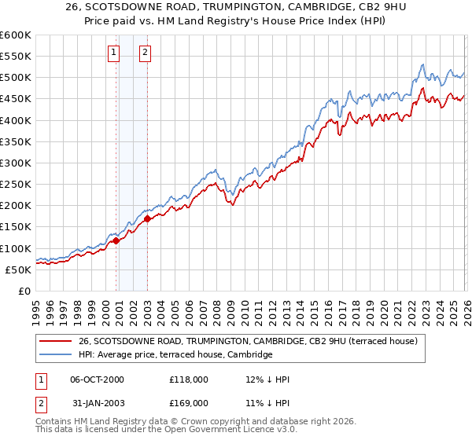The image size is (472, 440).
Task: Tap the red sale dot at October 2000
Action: click(116, 240)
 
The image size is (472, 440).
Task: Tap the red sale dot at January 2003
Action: click(148, 219)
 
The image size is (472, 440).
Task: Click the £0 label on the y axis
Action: click(24, 291)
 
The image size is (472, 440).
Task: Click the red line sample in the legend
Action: click(56, 341)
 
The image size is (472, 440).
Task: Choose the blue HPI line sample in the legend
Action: click(56, 354)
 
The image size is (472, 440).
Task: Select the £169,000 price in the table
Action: click(188, 402)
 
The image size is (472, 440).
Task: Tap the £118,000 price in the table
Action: click(188, 379)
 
